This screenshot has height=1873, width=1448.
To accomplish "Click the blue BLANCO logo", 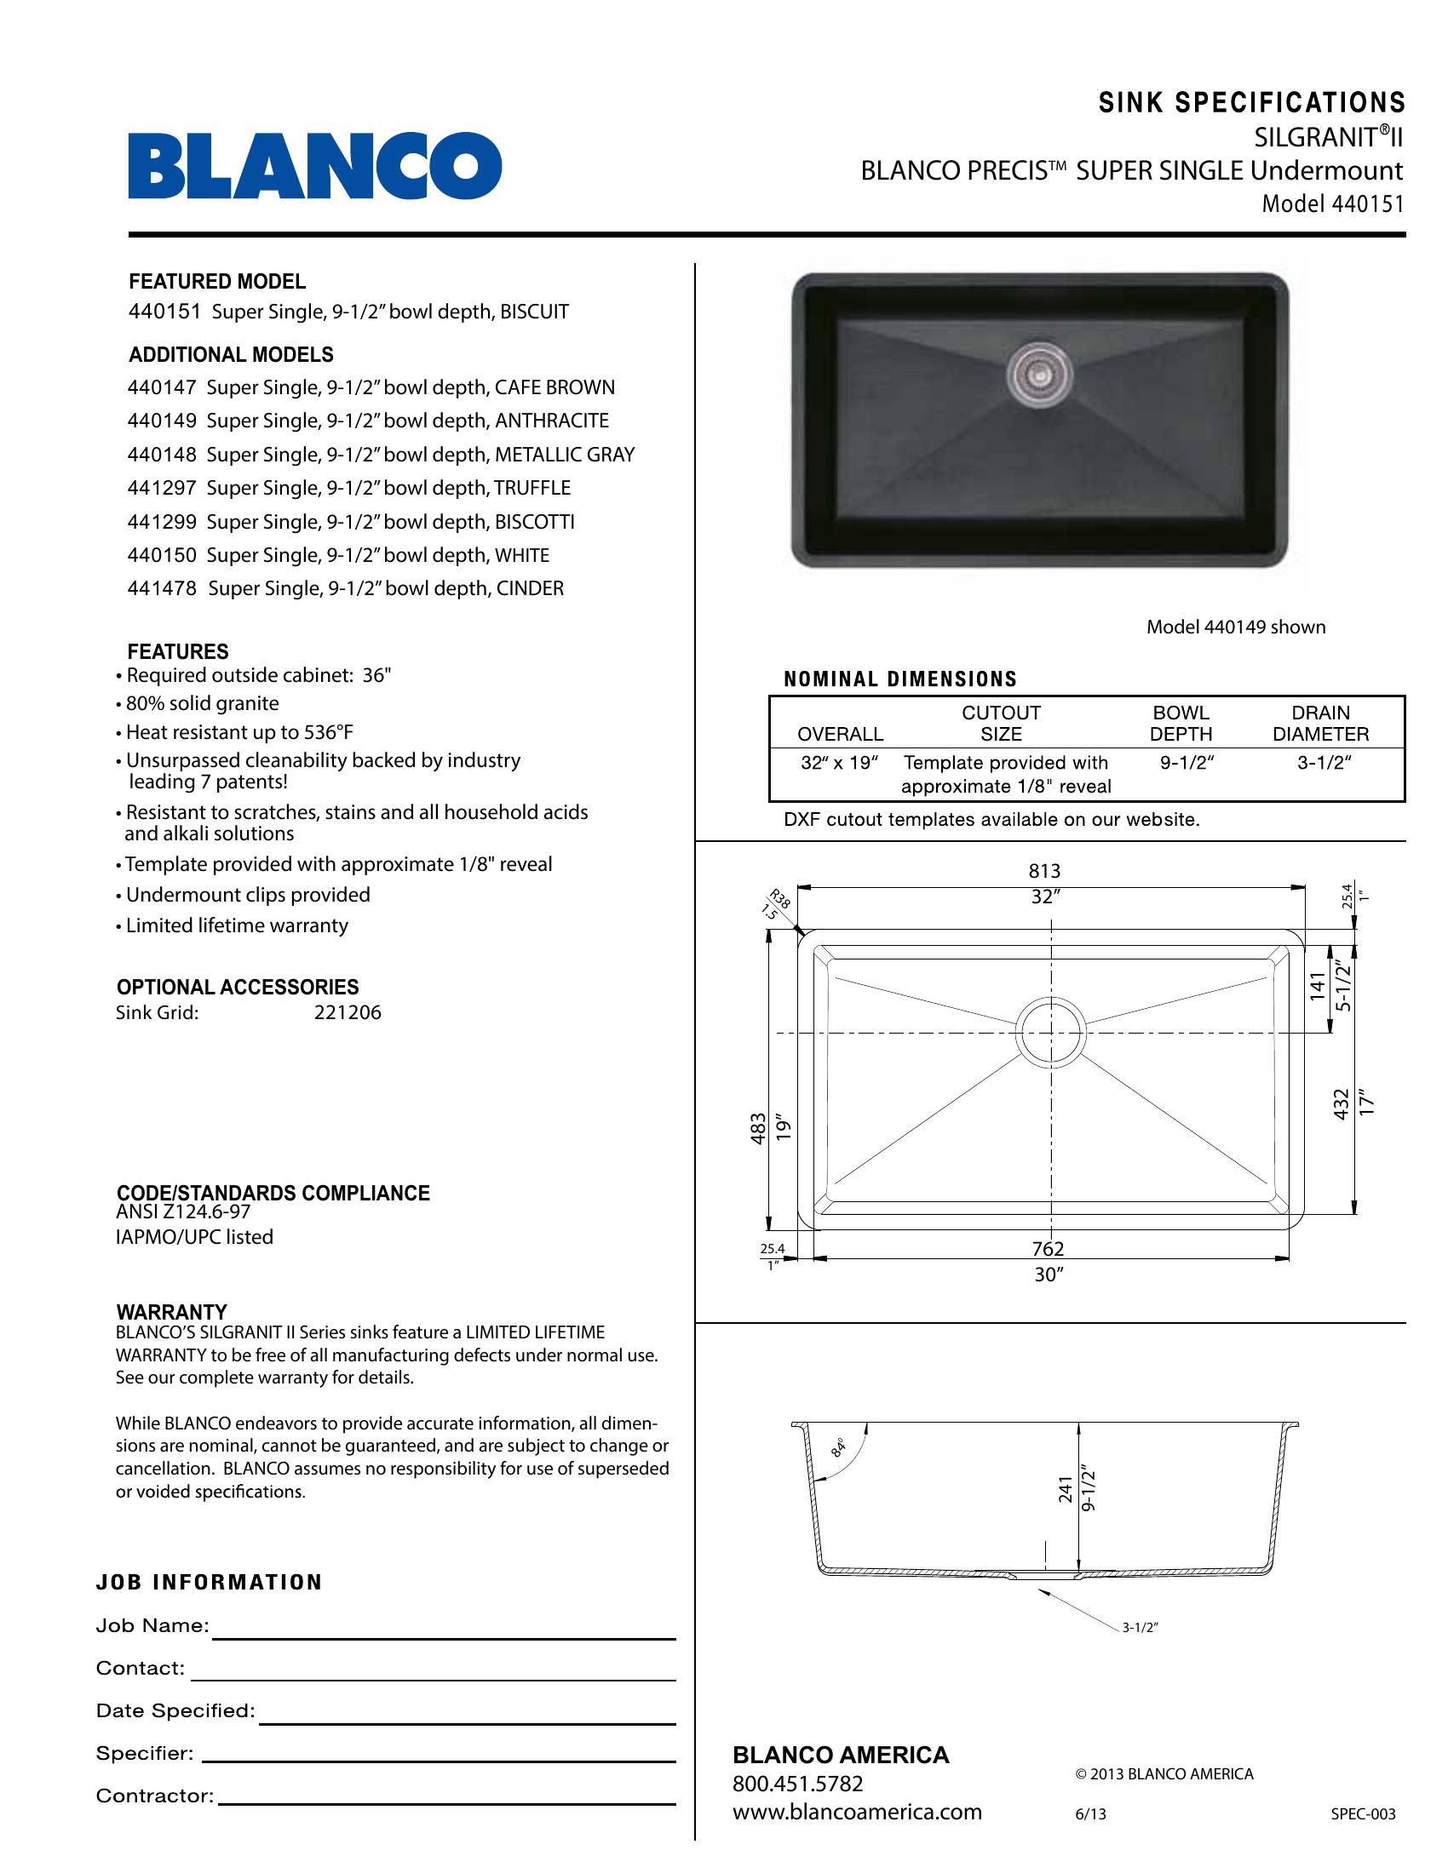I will pyautogui.click(x=315, y=165).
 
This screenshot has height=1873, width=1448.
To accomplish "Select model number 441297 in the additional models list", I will pyautogui.click(x=162, y=488).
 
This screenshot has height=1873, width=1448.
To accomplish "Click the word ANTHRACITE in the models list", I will pyautogui.click(x=552, y=421).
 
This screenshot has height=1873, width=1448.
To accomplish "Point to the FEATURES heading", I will pyautogui.click(x=177, y=652).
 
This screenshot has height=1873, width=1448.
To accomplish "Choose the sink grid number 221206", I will pyautogui.click(x=348, y=1013).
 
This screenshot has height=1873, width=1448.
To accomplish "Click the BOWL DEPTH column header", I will pyautogui.click(x=1181, y=723).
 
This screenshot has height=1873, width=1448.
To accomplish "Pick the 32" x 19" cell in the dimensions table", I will pyautogui.click(x=839, y=764).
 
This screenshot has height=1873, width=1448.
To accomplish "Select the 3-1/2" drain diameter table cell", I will pyautogui.click(x=1324, y=764).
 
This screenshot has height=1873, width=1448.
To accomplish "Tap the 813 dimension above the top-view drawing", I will pyautogui.click(x=1044, y=871).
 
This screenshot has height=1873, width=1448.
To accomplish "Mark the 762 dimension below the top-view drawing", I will pyautogui.click(x=1049, y=1250).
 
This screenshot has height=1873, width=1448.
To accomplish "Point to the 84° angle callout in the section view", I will pyautogui.click(x=838, y=1448).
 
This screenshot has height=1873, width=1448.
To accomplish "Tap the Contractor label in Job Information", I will pyautogui.click(x=154, y=1796).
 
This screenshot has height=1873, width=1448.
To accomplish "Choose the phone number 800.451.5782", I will pyautogui.click(x=797, y=1784).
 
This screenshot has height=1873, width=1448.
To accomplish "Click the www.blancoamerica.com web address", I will pyautogui.click(x=857, y=1812).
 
